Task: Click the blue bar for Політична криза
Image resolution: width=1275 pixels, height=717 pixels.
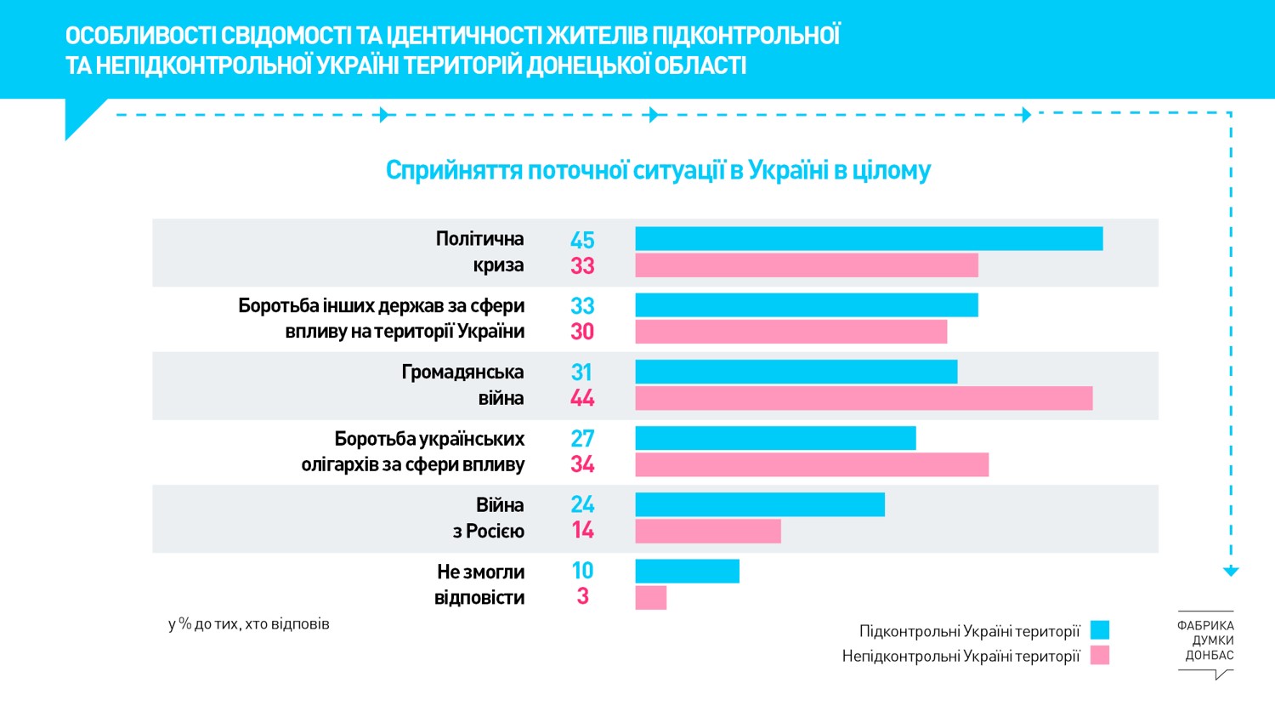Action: click(x=869, y=239)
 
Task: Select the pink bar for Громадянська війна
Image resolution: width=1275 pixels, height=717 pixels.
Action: click(x=864, y=398)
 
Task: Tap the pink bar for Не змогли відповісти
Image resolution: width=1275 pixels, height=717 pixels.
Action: click(x=651, y=598)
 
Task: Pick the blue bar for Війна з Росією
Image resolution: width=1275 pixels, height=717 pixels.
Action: click(x=760, y=504)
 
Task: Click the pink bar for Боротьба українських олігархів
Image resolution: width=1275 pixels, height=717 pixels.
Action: click(x=812, y=464)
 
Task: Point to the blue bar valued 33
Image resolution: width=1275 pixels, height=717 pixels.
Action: click(x=807, y=305)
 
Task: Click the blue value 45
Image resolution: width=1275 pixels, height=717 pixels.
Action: click(x=582, y=240)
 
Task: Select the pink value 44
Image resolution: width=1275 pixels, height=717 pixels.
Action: click(x=582, y=398)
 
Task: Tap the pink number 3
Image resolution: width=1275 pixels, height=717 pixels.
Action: click(x=582, y=596)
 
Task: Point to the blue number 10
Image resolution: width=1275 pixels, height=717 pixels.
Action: click(x=582, y=571)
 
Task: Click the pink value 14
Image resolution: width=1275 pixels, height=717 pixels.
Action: click(x=582, y=530)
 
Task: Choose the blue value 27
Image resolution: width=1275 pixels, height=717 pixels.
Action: click(x=582, y=438)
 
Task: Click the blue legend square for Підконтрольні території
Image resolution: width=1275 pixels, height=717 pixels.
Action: click(x=1100, y=630)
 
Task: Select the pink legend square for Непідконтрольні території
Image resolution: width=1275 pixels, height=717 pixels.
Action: click(x=1100, y=655)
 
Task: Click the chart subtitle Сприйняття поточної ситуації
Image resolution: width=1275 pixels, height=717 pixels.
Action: click(x=658, y=170)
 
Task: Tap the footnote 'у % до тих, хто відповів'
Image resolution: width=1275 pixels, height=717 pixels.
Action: click(x=249, y=624)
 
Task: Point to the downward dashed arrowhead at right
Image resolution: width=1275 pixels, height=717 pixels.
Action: click(x=1231, y=572)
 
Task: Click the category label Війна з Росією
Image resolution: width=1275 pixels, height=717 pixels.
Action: click(x=489, y=518)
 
